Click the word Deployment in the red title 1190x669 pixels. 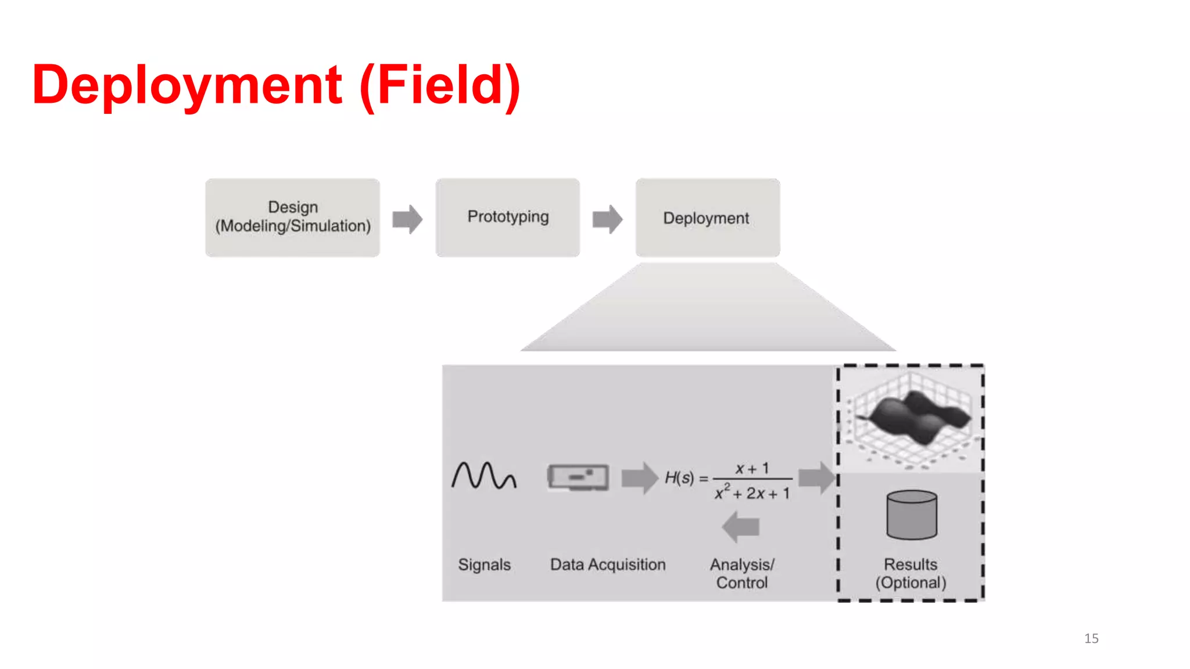click(187, 85)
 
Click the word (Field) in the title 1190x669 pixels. click(440, 85)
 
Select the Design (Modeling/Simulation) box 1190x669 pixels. click(292, 217)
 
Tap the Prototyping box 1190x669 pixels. click(507, 217)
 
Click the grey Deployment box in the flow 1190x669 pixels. click(707, 218)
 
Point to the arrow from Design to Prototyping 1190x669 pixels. click(407, 220)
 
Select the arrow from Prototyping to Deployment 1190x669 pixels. click(607, 220)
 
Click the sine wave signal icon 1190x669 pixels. click(483, 476)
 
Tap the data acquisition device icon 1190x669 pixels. click(578, 477)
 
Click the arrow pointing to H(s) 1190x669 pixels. click(639, 478)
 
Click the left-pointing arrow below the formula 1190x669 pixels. click(741, 527)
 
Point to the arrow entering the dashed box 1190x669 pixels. click(816, 478)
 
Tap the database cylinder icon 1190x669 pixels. click(912, 515)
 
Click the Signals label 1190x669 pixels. click(484, 564)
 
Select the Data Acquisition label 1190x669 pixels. click(608, 564)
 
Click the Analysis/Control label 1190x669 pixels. click(742, 573)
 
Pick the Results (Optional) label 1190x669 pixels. click(911, 573)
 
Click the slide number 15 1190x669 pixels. click(1091, 638)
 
